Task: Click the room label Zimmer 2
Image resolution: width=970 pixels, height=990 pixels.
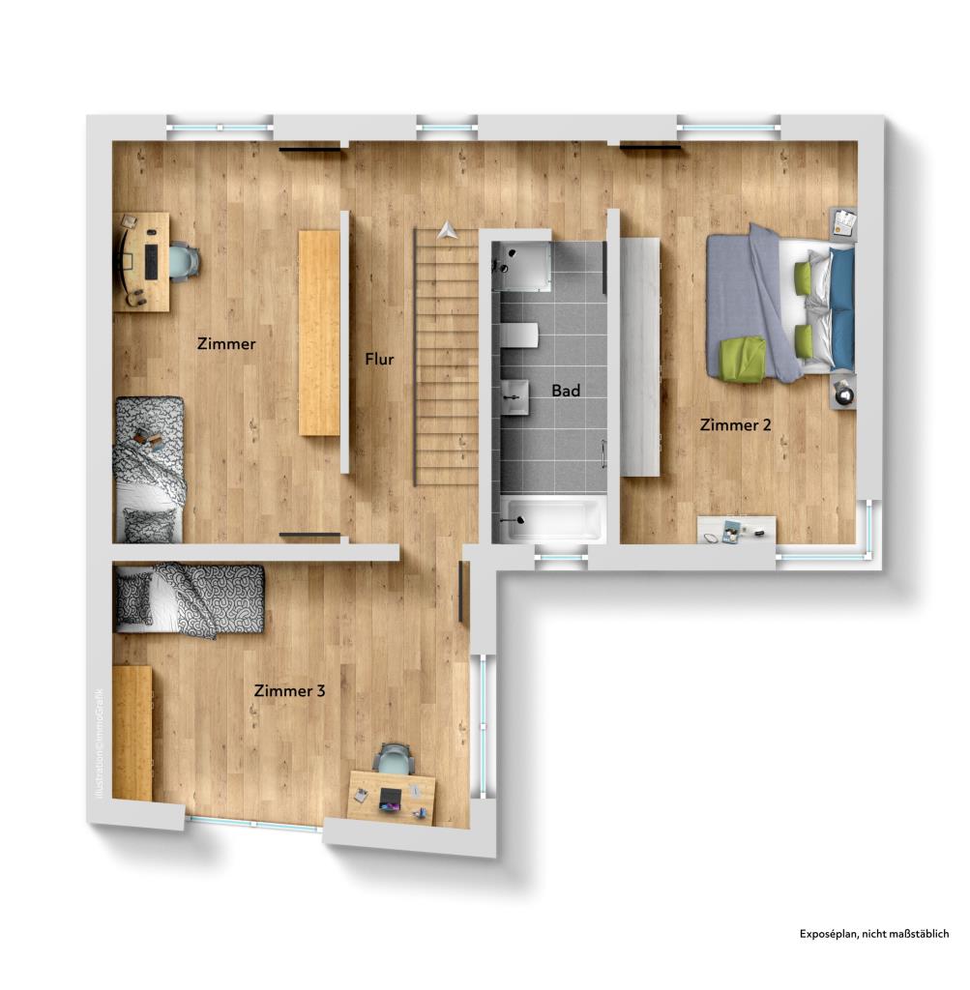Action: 736,423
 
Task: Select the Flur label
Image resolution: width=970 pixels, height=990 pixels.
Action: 379,359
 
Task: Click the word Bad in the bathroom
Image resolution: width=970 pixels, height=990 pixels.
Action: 566,391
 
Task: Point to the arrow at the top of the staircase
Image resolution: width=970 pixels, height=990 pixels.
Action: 446,230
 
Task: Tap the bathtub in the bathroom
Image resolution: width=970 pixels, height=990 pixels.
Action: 552,519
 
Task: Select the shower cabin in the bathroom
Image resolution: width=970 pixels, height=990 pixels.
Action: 522,265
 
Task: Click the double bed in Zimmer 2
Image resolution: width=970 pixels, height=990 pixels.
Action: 781,306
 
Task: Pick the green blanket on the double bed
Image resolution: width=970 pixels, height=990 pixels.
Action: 743,358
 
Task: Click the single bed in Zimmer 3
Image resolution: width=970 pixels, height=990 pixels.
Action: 189,600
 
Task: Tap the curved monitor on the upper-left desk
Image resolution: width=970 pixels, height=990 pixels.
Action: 123,259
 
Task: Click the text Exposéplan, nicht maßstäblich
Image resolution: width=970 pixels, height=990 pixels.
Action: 873,934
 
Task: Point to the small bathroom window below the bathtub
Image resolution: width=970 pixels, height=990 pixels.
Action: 561,556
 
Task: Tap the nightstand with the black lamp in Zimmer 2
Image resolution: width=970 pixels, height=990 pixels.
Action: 842,393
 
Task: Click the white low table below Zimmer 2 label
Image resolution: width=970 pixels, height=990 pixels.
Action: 736,529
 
